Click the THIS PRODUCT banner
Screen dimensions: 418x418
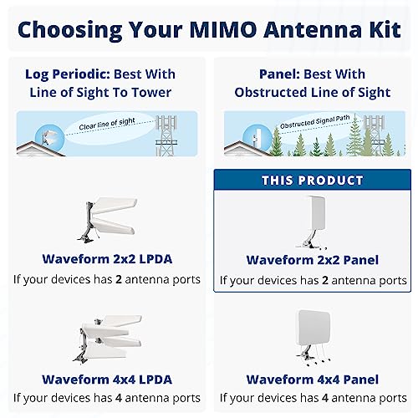click(313, 181)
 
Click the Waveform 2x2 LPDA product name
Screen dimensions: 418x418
click(105, 259)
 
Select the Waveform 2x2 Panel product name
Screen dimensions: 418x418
click(313, 260)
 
